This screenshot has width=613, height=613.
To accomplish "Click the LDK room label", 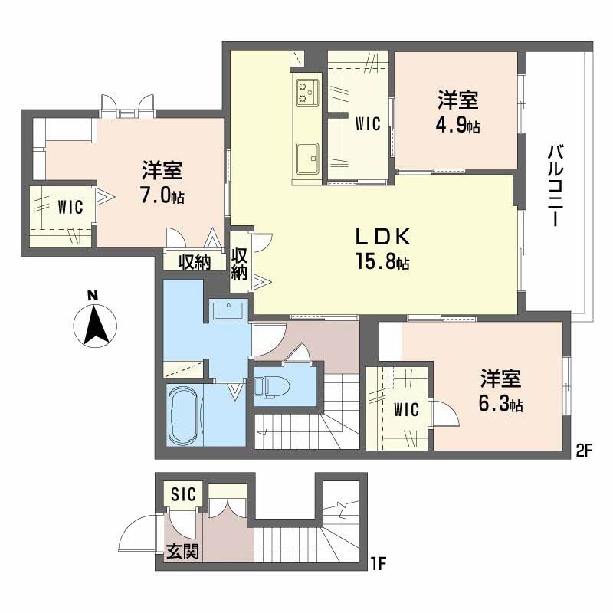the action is coord(382,237).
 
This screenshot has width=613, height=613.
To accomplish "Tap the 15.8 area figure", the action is coord(382,261).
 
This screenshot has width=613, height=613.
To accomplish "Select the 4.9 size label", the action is coord(457,125).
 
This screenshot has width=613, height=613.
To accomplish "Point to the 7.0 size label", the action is coord(162,195).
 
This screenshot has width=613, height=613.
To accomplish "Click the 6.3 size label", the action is coord(501,404).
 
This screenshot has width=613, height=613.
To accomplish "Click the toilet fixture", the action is coord(271,387).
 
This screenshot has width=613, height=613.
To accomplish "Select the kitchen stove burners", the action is coord(307,92).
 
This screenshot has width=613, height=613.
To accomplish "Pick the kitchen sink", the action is coord(307,159).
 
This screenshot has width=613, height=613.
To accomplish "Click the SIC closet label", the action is coord(183,493).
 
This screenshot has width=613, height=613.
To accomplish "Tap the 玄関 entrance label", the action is coord(183,552).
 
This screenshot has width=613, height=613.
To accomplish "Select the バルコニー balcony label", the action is coord(555,185).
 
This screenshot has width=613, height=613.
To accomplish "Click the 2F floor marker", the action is coord(584,451).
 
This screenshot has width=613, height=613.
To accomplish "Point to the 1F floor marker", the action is coord(378,564).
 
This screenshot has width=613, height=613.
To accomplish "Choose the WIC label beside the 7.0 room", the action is coord(70,207).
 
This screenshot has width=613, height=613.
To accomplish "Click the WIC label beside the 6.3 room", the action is coord(406,409).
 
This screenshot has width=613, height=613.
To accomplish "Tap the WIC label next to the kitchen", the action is coord(368,124).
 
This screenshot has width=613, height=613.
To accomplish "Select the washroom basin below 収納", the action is coord(228,311).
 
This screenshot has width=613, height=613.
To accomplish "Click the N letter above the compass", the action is coord(93,295).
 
